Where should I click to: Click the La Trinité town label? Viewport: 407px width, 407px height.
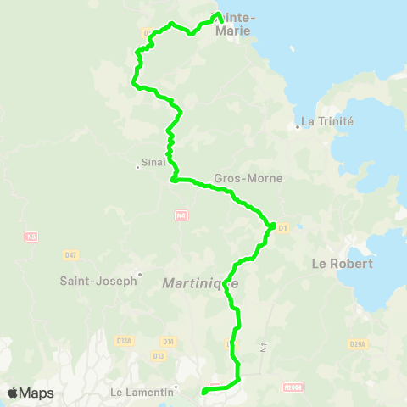(x=326, y=121)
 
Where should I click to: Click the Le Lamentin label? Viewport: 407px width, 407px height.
(x=141, y=392)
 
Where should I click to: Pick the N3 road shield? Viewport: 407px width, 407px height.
(x=32, y=236)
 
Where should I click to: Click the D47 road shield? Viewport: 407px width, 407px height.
(x=70, y=254)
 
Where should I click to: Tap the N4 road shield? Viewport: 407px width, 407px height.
(x=181, y=216)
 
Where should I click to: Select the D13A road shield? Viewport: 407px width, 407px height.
(x=124, y=340)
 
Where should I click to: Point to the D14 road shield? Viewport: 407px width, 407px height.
(x=168, y=342)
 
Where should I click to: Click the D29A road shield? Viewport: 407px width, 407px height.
(x=357, y=343)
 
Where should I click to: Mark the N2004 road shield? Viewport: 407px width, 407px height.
(x=292, y=387)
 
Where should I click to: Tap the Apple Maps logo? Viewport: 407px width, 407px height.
(x=31, y=393)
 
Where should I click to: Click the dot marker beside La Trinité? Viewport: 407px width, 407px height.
(x=298, y=127)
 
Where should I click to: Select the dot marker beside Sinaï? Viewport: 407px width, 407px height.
(x=137, y=166)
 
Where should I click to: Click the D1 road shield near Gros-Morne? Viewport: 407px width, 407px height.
(x=283, y=227)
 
